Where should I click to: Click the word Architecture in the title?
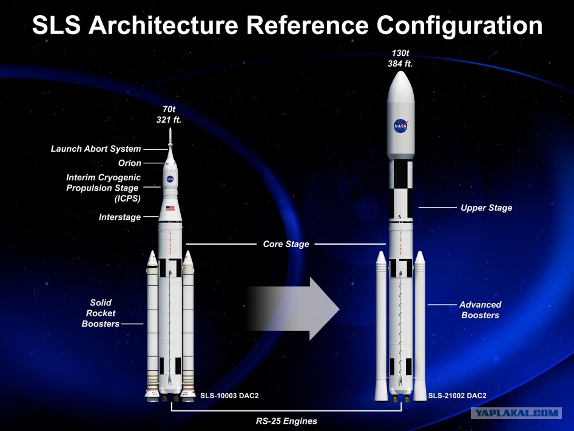(x=164, y=25)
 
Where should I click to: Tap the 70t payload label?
(x=169, y=109)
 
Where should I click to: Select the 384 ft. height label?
(x=400, y=64)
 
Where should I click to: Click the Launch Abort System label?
(x=96, y=149)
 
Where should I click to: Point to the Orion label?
(x=130, y=163)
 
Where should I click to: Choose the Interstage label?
(x=120, y=217)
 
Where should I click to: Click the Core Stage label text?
(x=286, y=244)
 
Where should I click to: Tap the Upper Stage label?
(x=486, y=208)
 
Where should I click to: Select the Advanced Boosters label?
(x=481, y=310)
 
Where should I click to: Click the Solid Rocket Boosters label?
(x=101, y=313)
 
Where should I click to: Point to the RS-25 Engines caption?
(x=286, y=421)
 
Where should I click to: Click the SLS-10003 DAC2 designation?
(x=229, y=396)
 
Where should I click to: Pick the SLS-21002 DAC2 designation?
(x=458, y=396)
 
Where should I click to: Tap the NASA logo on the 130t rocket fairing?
(x=401, y=126)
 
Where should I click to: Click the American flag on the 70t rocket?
(x=171, y=208)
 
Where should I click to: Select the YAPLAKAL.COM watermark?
(x=516, y=413)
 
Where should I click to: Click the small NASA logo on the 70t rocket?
(x=170, y=179)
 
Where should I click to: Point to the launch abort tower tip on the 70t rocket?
(x=170, y=128)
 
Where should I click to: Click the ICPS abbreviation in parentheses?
(x=127, y=199)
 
